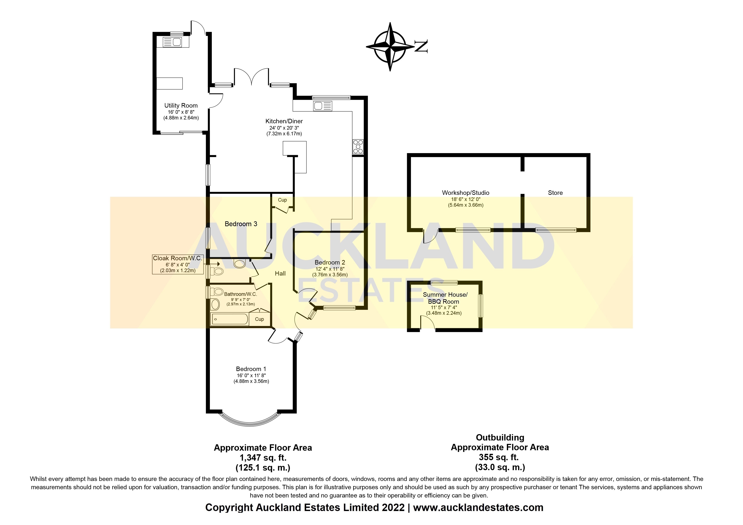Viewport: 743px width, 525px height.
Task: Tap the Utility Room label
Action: (181, 105)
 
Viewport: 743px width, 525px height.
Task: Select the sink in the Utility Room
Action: (172, 42)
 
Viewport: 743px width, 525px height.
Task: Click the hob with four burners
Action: (358, 147)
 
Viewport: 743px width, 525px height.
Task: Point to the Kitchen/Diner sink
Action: (323, 106)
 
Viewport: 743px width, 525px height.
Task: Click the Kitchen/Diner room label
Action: (284, 121)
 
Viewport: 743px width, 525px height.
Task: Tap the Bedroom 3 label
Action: (241, 224)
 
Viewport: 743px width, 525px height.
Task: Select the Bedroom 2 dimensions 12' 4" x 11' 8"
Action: (330, 269)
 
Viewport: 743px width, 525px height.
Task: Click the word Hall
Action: (280, 274)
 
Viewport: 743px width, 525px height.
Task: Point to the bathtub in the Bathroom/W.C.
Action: (230, 319)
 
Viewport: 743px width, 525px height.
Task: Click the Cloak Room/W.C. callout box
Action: (178, 264)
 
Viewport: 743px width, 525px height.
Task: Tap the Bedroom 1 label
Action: (251, 369)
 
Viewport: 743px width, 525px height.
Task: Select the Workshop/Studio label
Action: (466, 193)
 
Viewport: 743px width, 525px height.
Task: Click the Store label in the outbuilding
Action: (555, 193)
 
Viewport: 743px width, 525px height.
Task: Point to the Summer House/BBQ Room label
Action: (445, 298)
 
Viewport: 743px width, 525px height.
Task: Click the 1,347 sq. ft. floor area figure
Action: (263, 458)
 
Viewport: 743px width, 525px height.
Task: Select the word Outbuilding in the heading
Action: (500, 438)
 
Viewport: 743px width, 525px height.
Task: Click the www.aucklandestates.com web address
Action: (478, 508)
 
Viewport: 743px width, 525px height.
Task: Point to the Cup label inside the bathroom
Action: (259, 319)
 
